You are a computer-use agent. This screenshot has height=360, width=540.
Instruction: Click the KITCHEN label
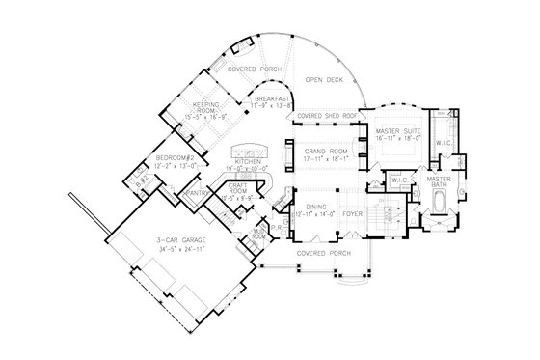pyautogui.click(x=236, y=161)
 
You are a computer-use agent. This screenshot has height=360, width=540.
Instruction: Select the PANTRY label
pyautogui.click(x=201, y=193)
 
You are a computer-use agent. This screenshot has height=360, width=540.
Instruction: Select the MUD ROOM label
pyautogui.click(x=259, y=233)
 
